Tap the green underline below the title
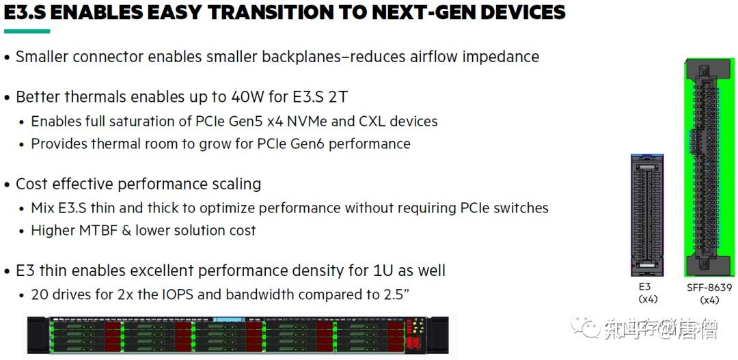pos(27,31)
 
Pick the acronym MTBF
pos(99,230)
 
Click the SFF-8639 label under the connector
pos(709,288)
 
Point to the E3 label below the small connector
pos(644,288)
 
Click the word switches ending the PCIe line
pos(523,208)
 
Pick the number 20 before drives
pos(39,294)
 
